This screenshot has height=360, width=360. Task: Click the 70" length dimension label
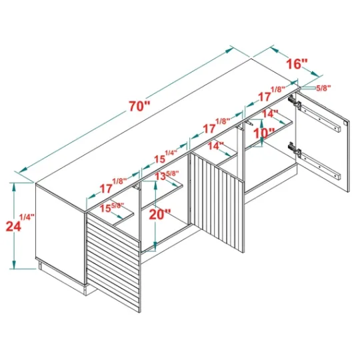point(139,106)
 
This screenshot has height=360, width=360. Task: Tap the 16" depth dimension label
point(297,63)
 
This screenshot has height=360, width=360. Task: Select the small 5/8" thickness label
point(323,88)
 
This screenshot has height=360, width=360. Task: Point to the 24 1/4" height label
point(20,223)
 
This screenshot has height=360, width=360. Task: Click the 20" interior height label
point(160,215)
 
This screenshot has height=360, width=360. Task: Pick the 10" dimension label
point(264,133)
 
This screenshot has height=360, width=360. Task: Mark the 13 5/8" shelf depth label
point(167,175)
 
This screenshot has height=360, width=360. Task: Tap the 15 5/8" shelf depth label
point(112,207)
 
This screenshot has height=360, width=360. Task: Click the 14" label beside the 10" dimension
point(270,113)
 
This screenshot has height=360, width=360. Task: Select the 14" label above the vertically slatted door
point(215,146)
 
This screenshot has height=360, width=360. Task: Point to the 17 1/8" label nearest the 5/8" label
point(271,94)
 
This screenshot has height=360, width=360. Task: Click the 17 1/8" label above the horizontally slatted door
point(113,186)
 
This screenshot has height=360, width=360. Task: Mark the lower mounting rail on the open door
point(321,166)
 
